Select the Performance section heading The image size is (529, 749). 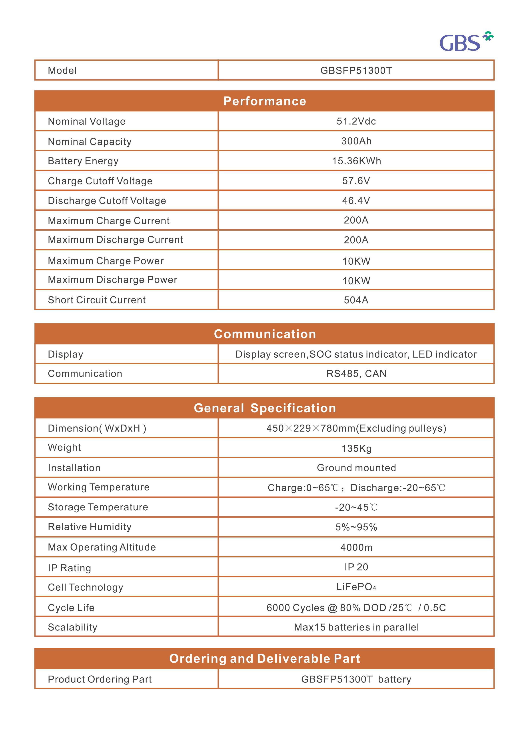click(264, 101)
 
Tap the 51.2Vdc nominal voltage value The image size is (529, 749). click(356, 121)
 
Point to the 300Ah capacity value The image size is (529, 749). click(356, 141)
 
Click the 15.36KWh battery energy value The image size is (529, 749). click(356, 161)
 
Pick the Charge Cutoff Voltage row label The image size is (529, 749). click(100, 181)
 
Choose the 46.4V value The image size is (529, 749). click(356, 201)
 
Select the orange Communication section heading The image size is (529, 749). click(264, 334)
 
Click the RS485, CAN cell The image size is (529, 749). click(356, 374)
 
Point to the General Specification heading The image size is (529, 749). click(264, 408)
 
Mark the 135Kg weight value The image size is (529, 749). click(356, 448)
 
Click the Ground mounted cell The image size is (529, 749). click(356, 468)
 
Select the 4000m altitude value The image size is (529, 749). click(356, 547)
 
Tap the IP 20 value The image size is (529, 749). click(356, 567)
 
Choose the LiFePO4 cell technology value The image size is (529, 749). click(356, 587)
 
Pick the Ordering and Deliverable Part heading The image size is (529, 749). click(264, 659)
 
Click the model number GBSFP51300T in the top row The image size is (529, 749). click(356, 70)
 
